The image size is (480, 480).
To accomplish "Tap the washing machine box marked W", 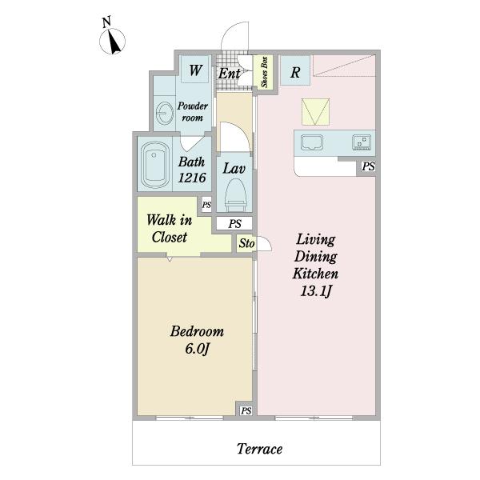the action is pyautogui.click(x=195, y=69).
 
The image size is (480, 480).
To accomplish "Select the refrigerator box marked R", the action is pyautogui.click(x=295, y=70).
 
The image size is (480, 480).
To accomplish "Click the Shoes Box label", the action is pyautogui.click(x=265, y=72).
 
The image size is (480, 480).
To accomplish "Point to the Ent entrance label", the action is pyautogui.click(x=229, y=74).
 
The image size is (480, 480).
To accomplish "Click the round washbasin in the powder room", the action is pyautogui.click(x=165, y=114).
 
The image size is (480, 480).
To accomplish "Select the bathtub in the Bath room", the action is pyautogui.click(x=155, y=164).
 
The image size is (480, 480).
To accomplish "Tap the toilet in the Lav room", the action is pyautogui.click(x=235, y=195).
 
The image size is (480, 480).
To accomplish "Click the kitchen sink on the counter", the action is pyautogui.click(x=312, y=142).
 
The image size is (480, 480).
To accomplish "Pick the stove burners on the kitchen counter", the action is pyautogui.click(x=362, y=142).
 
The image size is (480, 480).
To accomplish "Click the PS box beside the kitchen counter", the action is pyautogui.click(x=368, y=166).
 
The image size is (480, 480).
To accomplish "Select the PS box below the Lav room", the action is pyautogui.click(x=234, y=223).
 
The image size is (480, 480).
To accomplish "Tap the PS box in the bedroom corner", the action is pyautogui.click(x=246, y=410).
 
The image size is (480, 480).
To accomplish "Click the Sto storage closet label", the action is pyautogui.click(x=246, y=243).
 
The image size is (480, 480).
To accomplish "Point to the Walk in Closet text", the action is pyautogui.click(x=170, y=228).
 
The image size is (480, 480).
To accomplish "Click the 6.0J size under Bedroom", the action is pyautogui.click(x=198, y=348).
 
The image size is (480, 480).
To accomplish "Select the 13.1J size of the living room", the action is pyautogui.click(x=316, y=291).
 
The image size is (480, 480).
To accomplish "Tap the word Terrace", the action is pyautogui.click(x=259, y=449).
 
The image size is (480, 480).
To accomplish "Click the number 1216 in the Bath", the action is pyautogui.click(x=192, y=178).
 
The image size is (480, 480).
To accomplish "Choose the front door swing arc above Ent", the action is pyautogui.click(x=230, y=30).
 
